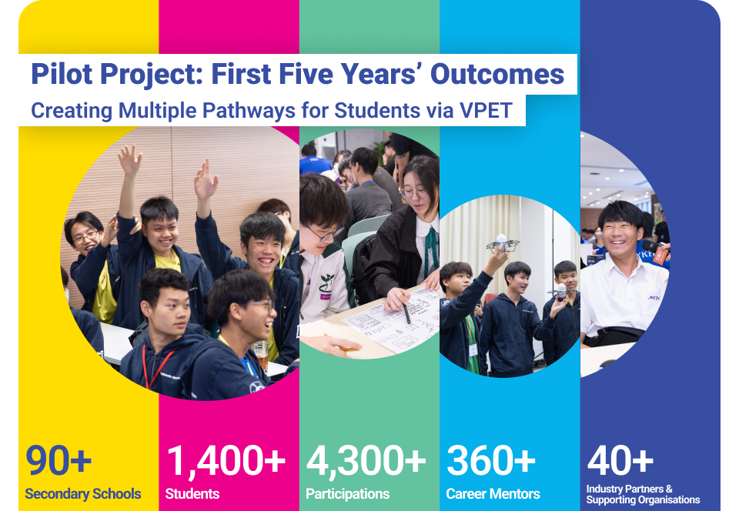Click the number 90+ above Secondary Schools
[59, 459]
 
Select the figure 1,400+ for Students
[226, 461]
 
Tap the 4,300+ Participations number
[366, 461]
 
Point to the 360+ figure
[490, 459]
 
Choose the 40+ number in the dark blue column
[620, 459]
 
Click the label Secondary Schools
[83, 493]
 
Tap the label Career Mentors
[493, 493]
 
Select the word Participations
[348, 494]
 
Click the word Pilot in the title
[62, 74]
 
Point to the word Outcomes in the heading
[497, 74]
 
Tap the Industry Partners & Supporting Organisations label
[643, 495]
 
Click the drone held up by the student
[501, 243]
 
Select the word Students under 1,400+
[192, 493]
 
